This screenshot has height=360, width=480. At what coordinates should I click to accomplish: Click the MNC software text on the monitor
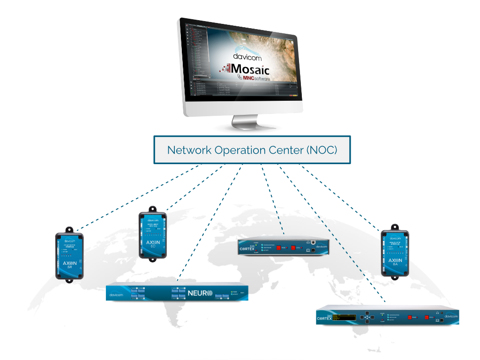point(258,80)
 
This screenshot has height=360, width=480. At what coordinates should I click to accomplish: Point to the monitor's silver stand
point(247,123)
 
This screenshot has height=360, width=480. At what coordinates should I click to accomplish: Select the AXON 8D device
point(152,234)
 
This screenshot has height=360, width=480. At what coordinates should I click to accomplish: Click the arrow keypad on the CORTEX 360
point(367,317)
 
